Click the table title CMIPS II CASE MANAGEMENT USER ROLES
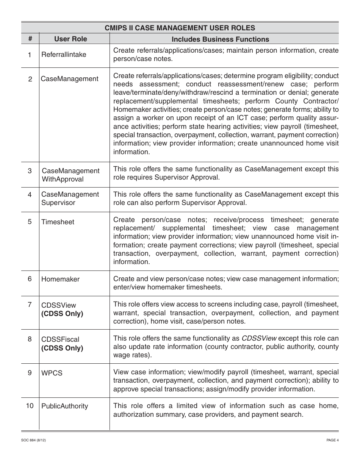click(180, 28)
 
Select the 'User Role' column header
click(70, 39)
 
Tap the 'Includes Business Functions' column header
click(220, 39)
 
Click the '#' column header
click(30, 39)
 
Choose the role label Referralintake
click(64, 55)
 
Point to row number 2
click(30, 79)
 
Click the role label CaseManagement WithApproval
click(70, 175)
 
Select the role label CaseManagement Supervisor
click(70, 199)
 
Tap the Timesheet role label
click(58, 222)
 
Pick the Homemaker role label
click(61, 279)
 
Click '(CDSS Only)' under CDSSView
click(62, 314)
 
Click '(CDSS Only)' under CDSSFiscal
click(62, 348)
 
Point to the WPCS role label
click(52, 373)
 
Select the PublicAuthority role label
click(64, 406)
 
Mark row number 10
click(30, 406)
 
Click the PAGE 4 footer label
click(332, 440)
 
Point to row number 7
click(30, 305)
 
